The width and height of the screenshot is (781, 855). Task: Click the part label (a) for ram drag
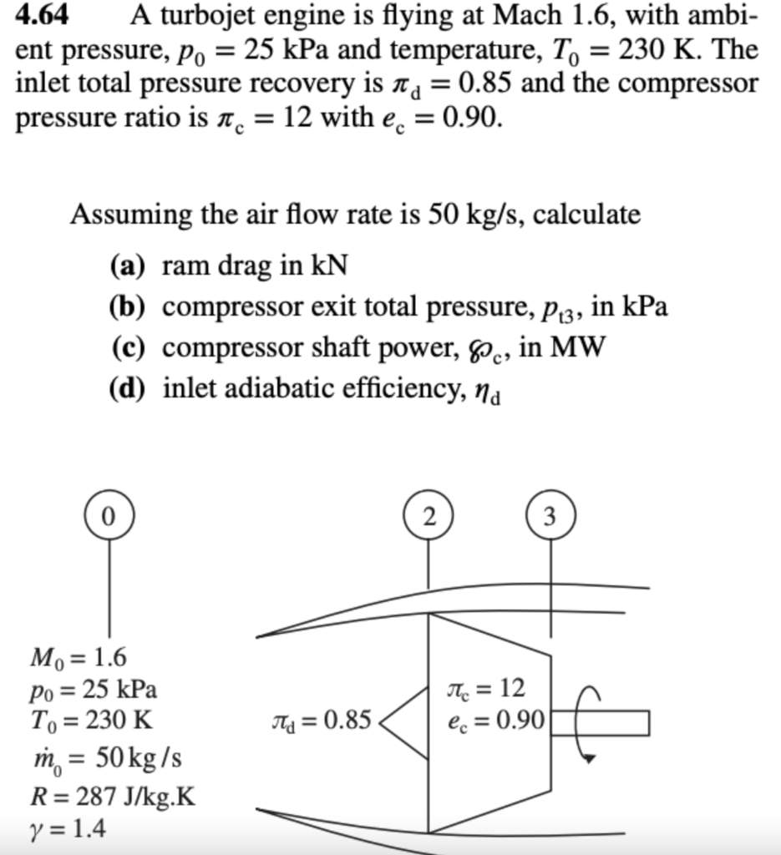click(128, 266)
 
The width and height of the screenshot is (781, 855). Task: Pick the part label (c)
click(128, 347)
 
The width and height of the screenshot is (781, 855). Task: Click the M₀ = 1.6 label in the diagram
click(79, 660)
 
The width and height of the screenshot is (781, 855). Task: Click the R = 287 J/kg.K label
click(113, 797)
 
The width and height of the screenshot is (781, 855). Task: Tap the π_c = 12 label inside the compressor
click(486, 690)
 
